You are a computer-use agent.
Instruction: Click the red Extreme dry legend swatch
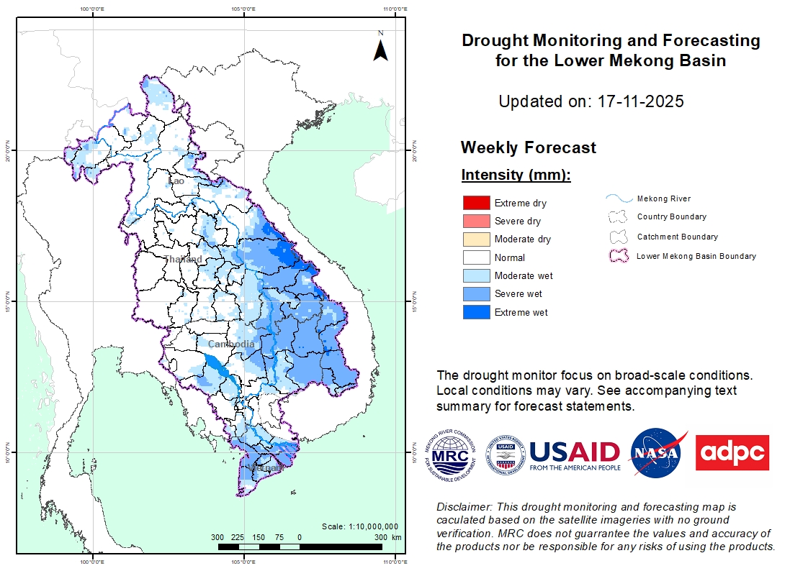pyautogui.click(x=476, y=204)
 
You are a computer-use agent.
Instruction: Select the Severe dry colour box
pyautogui.click(x=476, y=221)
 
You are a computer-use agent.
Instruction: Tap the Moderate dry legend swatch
pyautogui.click(x=476, y=239)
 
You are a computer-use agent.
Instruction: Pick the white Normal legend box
pyautogui.click(x=476, y=257)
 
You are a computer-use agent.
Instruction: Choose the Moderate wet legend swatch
pyautogui.click(x=476, y=275)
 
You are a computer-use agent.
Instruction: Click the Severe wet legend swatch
pyautogui.click(x=476, y=294)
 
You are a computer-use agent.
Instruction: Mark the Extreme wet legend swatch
pyautogui.click(x=476, y=312)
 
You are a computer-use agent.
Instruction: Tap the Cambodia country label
pyautogui.click(x=231, y=344)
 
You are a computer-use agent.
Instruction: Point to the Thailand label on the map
pyautogui.click(x=183, y=259)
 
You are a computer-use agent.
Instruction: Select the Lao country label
pyautogui.click(x=176, y=181)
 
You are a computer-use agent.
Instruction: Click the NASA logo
pyautogui.click(x=657, y=453)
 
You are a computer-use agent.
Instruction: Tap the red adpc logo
pyautogui.click(x=732, y=452)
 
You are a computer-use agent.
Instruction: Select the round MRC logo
pyautogui.click(x=452, y=453)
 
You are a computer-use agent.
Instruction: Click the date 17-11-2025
pyautogui.click(x=640, y=101)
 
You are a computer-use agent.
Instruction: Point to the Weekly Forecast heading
pyautogui.click(x=528, y=148)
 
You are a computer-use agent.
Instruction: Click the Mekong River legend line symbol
pyautogui.click(x=618, y=198)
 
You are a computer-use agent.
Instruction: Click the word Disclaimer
pyautogui.click(x=462, y=507)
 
